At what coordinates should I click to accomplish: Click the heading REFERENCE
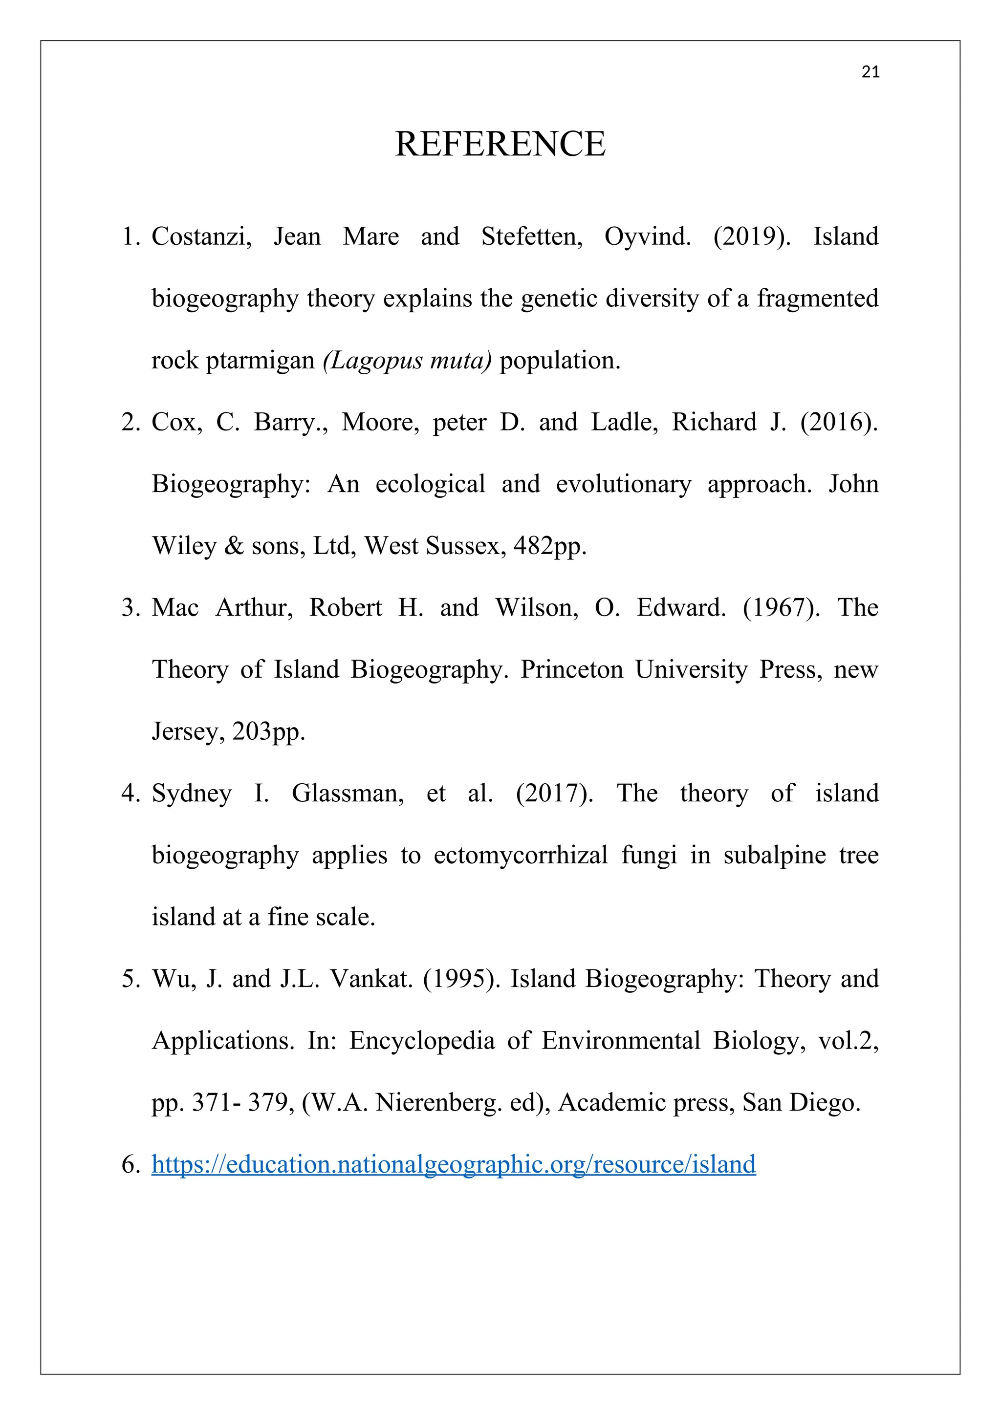[500, 144]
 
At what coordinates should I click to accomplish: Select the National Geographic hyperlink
[453, 1164]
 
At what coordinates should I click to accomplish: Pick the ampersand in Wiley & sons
[234, 546]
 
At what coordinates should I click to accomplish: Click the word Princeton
[571, 669]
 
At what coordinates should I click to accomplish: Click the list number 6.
[131, 1165]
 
